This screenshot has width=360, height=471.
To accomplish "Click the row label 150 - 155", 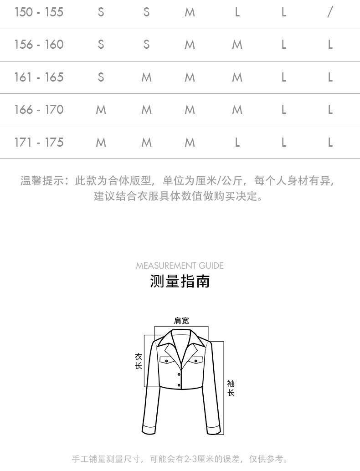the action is pos(39,12).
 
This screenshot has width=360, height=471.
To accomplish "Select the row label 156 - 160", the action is pos(39,45).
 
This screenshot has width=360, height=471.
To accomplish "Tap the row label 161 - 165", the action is pos(39,77).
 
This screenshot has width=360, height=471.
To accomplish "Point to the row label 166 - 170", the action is pos(39,110).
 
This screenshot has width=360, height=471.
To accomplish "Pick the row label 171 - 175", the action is pos(39,143).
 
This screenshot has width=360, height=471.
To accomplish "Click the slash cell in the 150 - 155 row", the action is pos(330,12).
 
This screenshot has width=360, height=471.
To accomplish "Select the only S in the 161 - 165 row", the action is pos(101,77).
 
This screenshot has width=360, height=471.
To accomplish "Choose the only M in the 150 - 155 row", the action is pos(190,12).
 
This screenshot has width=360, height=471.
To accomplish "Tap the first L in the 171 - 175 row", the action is pos(237,143).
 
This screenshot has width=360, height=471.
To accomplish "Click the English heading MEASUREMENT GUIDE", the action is pos(180,266).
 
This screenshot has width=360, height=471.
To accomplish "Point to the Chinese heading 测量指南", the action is pos(180,281).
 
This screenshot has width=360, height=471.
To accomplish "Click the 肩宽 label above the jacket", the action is pos(181,321).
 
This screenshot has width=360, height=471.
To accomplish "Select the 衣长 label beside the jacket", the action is pos(139,361).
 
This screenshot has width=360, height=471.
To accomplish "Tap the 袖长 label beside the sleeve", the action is pos(231,388).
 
